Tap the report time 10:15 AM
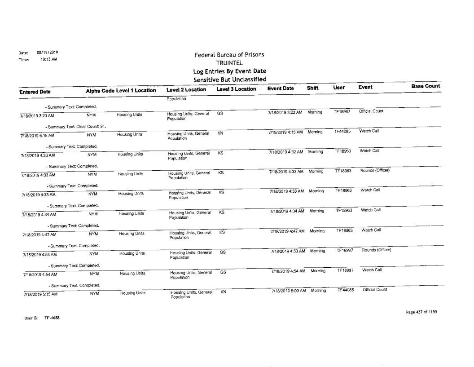tap(43, 58)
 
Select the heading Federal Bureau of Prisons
tap(229, 55)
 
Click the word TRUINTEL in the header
tap(229, 63)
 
